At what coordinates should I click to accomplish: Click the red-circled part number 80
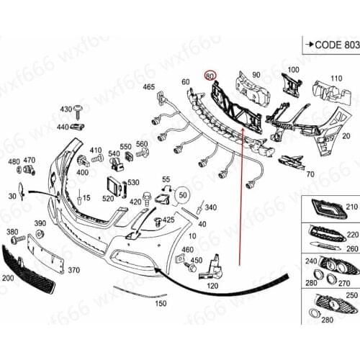[210, 75]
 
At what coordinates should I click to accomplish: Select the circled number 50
[181, 194]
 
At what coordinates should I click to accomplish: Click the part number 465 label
[149, 87]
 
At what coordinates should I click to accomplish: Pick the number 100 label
[293, 69]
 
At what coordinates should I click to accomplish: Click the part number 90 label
[256, 75]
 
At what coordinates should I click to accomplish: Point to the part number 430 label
[66, 109]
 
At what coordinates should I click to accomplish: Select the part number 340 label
[211, 207]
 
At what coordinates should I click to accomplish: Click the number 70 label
[310, 174]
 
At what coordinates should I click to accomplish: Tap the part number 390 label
[40, 223]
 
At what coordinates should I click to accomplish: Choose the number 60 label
[185, 81]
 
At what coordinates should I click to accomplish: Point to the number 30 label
[12, 196]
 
